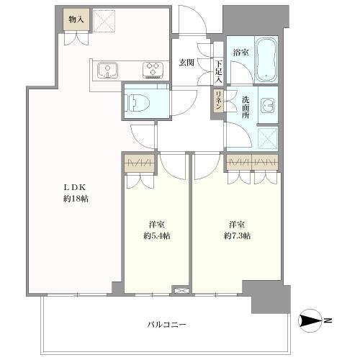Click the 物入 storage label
pos(76,19)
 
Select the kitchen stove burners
pos(153,70)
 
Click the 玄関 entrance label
pos(186,63)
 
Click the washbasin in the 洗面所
pos(268,105)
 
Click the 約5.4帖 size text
pos(156,235)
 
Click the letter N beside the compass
pos(327,320)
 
